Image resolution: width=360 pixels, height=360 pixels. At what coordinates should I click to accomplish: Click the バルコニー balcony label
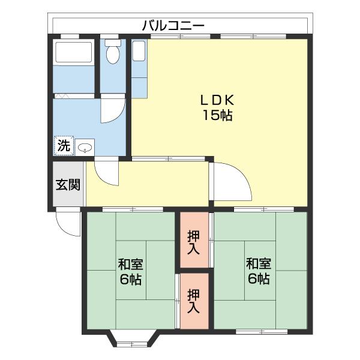pos(173,26)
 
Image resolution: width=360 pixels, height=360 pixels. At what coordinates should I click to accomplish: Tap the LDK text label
pos(216,100)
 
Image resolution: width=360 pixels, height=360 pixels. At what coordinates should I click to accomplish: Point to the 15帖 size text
pos(216,115)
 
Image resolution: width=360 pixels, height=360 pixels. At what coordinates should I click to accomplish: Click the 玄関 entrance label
pos(68,184)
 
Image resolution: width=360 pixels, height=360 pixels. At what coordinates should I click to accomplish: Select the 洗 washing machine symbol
pos(64,145)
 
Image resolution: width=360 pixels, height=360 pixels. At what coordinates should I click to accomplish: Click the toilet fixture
pos(112,55)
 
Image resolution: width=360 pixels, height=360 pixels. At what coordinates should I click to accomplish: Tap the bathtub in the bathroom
pos(73,53)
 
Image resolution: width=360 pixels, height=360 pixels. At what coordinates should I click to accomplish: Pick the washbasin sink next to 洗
pos(86,146)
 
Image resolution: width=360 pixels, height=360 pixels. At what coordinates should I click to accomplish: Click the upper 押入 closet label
pos(193,240)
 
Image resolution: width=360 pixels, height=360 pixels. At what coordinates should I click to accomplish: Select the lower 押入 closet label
pos(193,301)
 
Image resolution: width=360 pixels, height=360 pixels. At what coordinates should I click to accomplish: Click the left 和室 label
pos(130,264)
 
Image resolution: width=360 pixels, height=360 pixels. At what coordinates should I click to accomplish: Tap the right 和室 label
pos(258,264)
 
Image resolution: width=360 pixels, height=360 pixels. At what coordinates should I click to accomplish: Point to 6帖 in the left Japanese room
pos(130,279)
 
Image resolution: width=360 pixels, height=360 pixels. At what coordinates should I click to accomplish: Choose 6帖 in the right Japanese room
pos(258,279)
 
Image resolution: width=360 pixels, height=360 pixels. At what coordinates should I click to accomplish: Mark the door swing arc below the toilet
pos(112,110)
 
